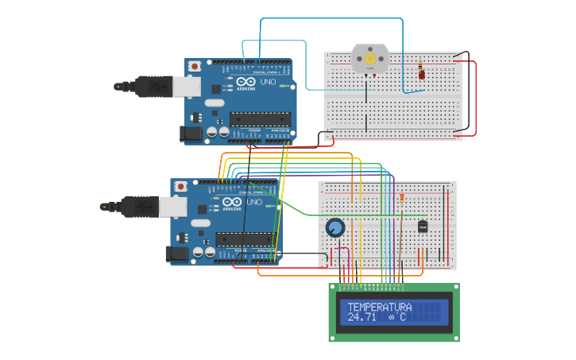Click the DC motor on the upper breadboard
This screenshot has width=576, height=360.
pyautogui.click(x=369, y=59)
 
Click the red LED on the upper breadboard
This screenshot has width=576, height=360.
pyautogui.click(x=421, y=75)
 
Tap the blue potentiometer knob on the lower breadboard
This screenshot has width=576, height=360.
pyautogui.click(x=335, y=228)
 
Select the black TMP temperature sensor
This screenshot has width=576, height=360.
pyautogui.click(x=423, y=226)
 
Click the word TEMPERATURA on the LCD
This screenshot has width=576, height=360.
pyautogui.click(x=379, y=307)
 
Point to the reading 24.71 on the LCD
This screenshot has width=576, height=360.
pyautogui.click(x=361, y=317)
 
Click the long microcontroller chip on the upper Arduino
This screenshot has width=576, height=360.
pyautogui.click(x=260, y=119)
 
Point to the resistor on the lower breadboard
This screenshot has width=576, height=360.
pyautogui.click(x=401, y=197)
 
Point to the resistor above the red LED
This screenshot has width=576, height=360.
pyautogui.click(x=420, y=63)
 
